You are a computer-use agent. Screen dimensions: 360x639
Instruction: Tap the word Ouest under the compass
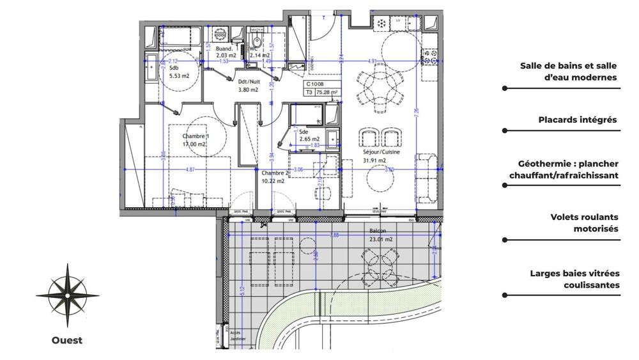67,340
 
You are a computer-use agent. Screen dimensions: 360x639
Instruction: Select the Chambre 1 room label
194,140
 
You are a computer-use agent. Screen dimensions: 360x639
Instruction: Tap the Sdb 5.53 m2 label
179,72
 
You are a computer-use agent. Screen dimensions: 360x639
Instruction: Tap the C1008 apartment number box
316,84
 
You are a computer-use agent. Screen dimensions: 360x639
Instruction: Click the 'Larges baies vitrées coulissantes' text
574,279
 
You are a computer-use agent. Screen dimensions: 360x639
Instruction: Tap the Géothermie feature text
564,169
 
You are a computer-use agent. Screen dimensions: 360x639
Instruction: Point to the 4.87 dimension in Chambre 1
190,169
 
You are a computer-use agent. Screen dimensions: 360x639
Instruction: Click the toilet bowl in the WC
257,43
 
